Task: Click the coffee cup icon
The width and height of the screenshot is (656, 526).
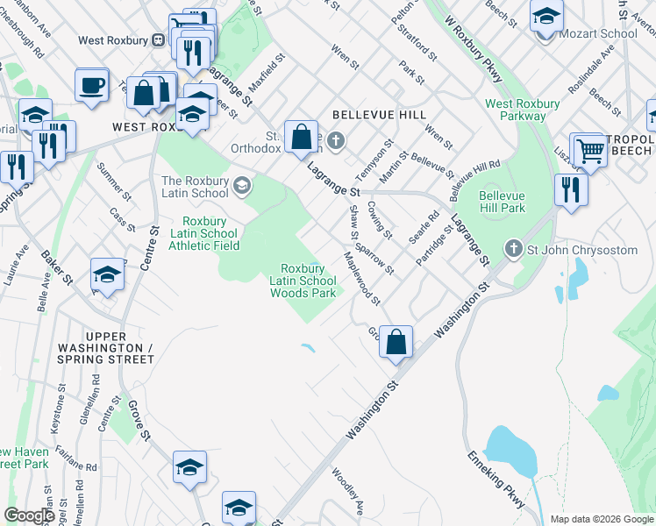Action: (x=90, y=85)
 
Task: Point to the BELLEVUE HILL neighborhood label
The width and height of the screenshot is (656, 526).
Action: (x=379, y=115)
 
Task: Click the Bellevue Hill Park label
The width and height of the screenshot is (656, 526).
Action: (x=502, y=203)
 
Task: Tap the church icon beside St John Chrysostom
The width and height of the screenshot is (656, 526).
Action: (x=514, y=250)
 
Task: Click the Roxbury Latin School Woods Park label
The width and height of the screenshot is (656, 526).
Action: (x=303, y=281)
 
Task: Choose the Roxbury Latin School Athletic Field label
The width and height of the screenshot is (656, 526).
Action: (x=210, y=233)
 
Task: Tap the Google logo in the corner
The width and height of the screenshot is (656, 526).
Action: (x=29, y=515)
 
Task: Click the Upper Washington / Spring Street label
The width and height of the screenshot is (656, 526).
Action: (x=120, y=347)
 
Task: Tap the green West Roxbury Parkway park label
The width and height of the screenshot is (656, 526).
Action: (x=523, y=110)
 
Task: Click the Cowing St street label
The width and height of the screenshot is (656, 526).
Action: (x=380, y=220)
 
